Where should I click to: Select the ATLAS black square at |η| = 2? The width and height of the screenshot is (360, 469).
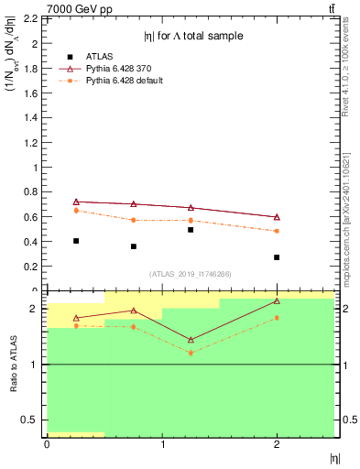(277, 257)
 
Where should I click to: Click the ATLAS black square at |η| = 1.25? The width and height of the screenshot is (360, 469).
(191, 230)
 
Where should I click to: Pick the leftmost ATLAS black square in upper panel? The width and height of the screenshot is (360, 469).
(76, 241)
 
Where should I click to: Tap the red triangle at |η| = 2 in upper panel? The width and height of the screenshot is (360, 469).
(277, 217)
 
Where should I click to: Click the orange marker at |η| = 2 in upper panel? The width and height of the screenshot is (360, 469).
(277, 231)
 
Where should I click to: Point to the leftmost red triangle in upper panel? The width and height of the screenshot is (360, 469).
(76, 202)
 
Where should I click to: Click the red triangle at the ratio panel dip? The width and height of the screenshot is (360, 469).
(191, 340)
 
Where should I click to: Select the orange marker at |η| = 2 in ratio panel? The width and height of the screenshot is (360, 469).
(277, 318)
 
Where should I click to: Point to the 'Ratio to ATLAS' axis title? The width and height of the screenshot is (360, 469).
(13, 362)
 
